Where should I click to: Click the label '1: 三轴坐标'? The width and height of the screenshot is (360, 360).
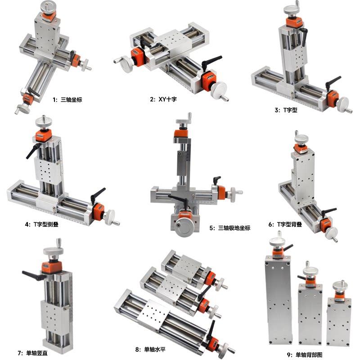(67, 99)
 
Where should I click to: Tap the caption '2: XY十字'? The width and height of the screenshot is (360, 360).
(163, 99)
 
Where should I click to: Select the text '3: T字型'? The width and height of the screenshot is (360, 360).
(286, 110)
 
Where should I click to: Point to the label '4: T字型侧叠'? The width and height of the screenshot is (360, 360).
(41, 224)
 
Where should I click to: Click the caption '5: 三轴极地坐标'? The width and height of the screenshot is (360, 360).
(229, 228)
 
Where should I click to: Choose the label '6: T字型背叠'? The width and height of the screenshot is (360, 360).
(285, 224)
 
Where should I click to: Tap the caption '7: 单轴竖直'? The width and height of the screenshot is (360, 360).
(32, 353)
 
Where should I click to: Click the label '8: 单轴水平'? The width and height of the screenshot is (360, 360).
(150, 350)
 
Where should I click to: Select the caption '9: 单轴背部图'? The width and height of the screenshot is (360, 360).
(305, 355)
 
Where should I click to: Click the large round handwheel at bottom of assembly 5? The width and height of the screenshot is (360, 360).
(185, 227)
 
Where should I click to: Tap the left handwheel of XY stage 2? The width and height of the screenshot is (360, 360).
(125, 63)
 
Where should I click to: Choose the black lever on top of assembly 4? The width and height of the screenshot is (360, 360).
(33, 151)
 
